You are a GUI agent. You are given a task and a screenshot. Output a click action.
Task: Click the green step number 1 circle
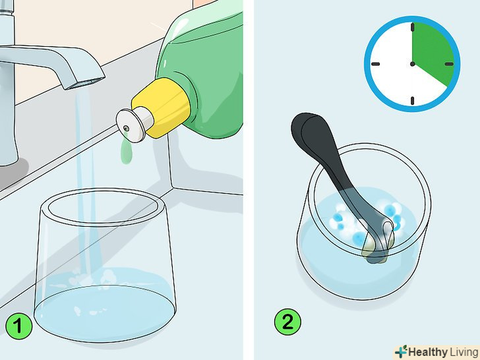coord(18,326)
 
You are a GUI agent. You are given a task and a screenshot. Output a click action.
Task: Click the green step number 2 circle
coord(287,322)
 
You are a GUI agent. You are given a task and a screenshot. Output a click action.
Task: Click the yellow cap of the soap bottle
coord(162,105)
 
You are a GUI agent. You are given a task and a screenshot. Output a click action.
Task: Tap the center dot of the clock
coord(412,64)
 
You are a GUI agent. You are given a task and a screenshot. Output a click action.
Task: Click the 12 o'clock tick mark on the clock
coord(412,27)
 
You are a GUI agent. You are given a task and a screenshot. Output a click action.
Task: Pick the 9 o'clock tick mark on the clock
coord(376,64)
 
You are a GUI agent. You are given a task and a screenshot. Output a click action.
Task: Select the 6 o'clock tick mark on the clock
coord(412,101)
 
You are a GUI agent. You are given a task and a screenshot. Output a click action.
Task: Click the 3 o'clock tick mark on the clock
coord(449,64)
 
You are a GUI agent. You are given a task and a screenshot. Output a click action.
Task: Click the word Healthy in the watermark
coord(428,352)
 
